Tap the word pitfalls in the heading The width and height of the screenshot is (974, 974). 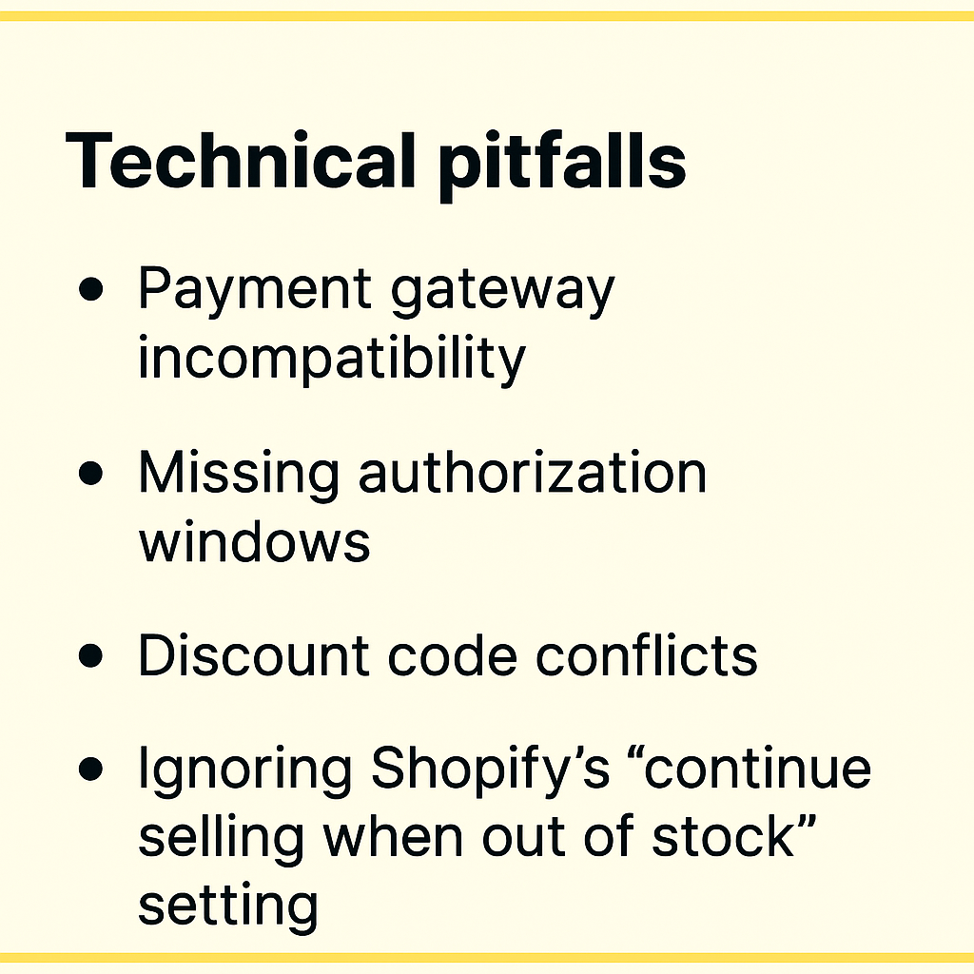click(562, 165)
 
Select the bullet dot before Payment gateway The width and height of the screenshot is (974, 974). click(90, 289)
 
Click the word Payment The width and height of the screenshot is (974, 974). click(255, 288)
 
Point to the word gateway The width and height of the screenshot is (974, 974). click(502, 291)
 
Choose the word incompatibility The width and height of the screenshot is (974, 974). click(332, 358)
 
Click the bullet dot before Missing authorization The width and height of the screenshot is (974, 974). click(90, 473)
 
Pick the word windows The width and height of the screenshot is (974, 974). click(254, 539)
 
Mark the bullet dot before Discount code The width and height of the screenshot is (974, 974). click(90, 655)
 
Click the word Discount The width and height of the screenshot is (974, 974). click(254, 654)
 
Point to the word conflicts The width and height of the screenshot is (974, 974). click(647, 654)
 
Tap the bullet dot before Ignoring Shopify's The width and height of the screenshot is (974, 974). click(90, 769)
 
